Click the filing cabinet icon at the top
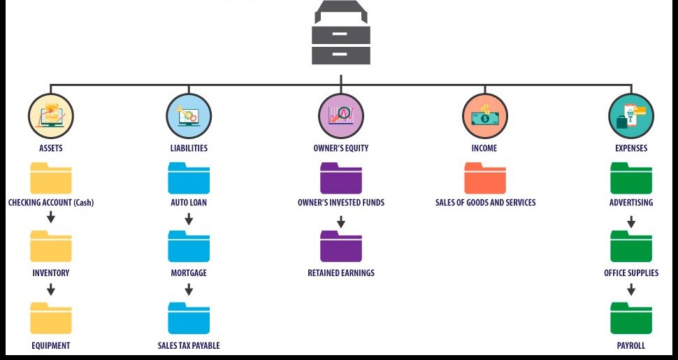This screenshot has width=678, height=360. pyautogui.click(x=340, y=33)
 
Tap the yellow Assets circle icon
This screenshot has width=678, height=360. pyautogui.click(x=50, y=116)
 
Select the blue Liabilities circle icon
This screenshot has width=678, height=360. pyautogui.click(x=189, y=116)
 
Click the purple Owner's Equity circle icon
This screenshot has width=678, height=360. pyautogui.click(x=340, y=116)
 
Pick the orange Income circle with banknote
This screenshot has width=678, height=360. pyautogui.click(x=484, y=116)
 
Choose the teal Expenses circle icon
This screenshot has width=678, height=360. pyautogui.click(x=631, y=116)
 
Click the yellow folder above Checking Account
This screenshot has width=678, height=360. pyautogui.click(x=50, y=178)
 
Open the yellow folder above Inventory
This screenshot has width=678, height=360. pyautogui.click(x=50, y=246)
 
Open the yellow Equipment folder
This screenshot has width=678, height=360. pyautogui.click(x=50, y=317)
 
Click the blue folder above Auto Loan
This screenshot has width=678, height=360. pyautogui.click(x=189, y=178)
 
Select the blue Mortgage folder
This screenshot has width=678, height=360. pyautogui.click(x=189, y=246)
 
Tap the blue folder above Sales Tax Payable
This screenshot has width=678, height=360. pyautogui.click(x=189, y=317)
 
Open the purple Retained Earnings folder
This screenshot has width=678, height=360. pyautogui.click(x=340, y=246)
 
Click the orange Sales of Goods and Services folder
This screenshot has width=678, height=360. pyautogui.click(x=485, y=178)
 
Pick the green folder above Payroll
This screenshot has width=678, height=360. pyautogui.click(x=631, y=317)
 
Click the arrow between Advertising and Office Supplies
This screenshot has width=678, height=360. pyautogui.click(x=631, y=222)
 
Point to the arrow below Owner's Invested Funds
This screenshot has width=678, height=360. pyautogui.click(x=341, y=222)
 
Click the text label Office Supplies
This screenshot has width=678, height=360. pyautogui.click(x=631, y=273)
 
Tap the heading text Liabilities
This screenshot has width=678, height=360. pyautogui.click(x=189, y=148)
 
